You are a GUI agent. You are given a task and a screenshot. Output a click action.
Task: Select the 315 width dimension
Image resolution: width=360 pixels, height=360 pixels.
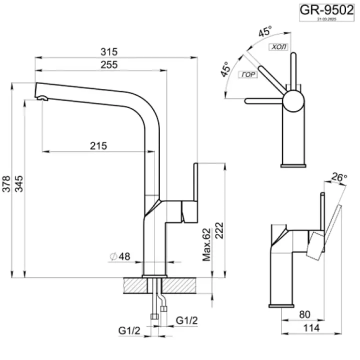pyautogui.click(x=108, y=51)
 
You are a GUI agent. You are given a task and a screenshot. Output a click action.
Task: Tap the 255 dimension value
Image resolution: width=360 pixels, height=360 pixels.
pyautogui.click(x=108, y=64)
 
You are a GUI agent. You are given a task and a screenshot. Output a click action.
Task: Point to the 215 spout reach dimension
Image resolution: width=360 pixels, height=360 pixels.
pyautogui.click(x=98, y=145)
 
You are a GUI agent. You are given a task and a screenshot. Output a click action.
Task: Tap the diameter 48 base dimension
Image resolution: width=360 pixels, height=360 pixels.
pyautogui.click(x=120, y=256)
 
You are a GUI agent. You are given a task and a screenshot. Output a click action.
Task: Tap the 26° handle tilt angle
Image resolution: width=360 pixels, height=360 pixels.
pyautogui.click(x=339, y=177)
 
